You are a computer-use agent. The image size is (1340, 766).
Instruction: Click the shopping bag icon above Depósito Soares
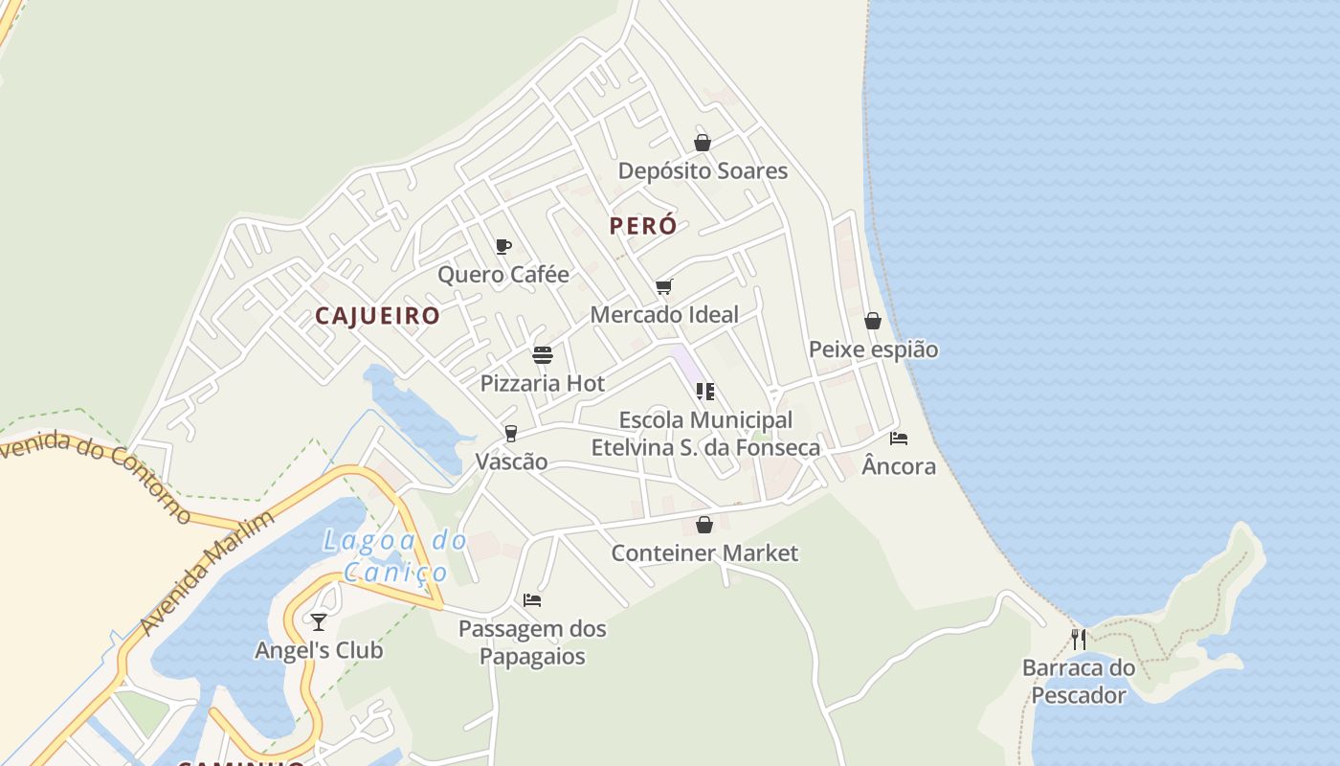point(703,143)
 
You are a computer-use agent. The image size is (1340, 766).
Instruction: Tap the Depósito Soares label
point(703,171)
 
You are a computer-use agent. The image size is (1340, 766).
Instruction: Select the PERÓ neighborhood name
point(643,226)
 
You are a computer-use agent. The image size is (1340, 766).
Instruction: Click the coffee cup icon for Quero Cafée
point(503,246)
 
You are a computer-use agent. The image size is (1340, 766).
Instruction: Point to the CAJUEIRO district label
point(378,316)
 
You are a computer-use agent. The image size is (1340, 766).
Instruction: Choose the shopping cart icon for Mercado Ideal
point(664,286)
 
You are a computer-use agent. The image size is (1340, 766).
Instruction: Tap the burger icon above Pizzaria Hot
point(543,355)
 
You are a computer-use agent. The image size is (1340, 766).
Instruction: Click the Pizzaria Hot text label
point(543,384)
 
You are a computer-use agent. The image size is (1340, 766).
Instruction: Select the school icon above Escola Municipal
point(705,391)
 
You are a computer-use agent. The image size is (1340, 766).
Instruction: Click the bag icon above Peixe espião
point(873,321)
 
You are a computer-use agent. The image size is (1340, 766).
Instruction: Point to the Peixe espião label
point(873,349)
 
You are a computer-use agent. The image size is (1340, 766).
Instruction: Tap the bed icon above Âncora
point(898,438)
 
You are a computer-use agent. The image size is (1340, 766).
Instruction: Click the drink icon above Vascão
point(511,434)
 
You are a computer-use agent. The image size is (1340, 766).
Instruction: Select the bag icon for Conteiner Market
point(704,525)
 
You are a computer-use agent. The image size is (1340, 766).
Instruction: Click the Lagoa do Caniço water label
point(394,556)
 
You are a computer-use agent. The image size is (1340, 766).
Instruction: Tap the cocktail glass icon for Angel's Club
point(319,621)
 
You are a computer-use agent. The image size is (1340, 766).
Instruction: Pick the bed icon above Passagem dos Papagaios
point(532,600)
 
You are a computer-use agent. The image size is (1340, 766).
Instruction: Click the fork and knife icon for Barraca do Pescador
point(1079,639)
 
